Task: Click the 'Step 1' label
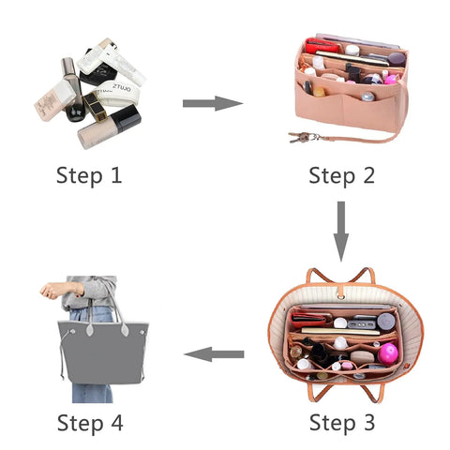[x=89, y=174]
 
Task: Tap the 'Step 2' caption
[x=342, y=174]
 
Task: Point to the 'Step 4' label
[x=89, y=422]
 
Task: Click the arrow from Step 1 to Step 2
[x=213, y=102]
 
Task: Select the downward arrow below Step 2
[x=341, y=230]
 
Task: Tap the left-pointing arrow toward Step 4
[x=214, y=354]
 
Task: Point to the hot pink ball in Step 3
[x=387, y=353]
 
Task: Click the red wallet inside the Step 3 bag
[x=311, y=317]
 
